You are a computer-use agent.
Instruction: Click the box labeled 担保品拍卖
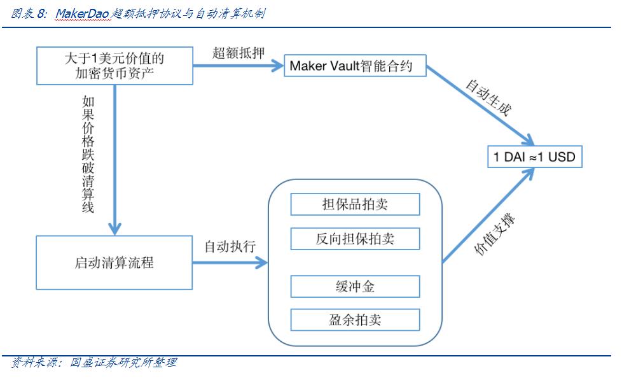355,204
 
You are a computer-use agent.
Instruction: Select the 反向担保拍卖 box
355,239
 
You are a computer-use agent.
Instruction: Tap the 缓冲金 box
355,286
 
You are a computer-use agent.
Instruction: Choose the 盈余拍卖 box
355,320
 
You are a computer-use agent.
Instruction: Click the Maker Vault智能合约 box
355,66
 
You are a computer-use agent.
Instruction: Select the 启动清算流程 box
114,262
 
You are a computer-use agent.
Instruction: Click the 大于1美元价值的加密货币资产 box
114,66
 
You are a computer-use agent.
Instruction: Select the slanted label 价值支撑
496,236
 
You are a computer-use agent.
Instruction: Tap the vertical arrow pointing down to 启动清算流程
115,159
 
